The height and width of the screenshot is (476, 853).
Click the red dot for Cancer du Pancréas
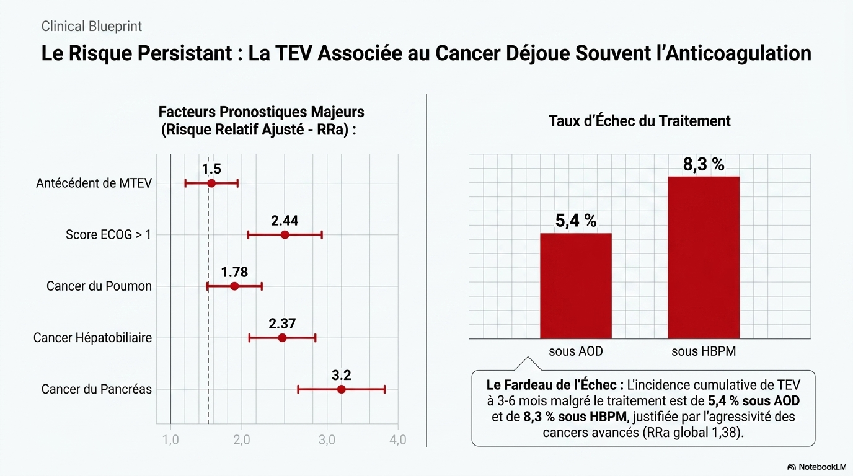tap(341, 389)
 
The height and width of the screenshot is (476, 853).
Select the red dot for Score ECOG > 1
tap(285, 234)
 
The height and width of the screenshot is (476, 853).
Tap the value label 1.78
tap(235, 272)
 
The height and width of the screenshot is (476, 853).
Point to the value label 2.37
tap(282, 324)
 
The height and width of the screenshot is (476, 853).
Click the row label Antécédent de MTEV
tap(94, 183)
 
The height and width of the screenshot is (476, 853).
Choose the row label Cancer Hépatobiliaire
tap(92, 338)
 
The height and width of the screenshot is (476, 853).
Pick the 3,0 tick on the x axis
tap(327, 440)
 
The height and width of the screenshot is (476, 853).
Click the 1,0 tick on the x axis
tap(170, 440)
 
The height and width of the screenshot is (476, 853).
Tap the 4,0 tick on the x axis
tap(397, 440)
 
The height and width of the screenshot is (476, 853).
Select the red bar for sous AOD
tap(575, 286)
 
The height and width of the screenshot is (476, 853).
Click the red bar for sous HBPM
tap(703, 257)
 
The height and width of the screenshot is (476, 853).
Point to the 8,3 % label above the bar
tap(704, 165)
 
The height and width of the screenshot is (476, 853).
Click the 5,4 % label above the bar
tap(575, 221)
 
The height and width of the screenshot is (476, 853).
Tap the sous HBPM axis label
tap(703, 352)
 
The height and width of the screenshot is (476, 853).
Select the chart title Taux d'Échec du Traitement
tap(639, 121)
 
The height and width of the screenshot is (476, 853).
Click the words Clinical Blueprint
tap(92, 27)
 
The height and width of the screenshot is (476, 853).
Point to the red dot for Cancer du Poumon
tap(234, 286)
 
